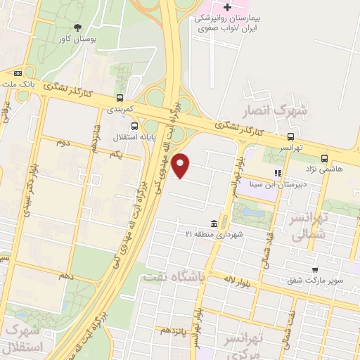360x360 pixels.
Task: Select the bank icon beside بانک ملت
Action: (x=18, y=72)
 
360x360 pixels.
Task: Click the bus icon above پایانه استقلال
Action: (x=134, y=126)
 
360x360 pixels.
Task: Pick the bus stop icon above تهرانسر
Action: (x=290, y=136)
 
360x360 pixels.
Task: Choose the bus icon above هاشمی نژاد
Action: (x=324, y=158)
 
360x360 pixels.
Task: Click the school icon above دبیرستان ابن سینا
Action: (x=278, y=172)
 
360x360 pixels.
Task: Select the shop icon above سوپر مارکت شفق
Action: (x=315, y=269)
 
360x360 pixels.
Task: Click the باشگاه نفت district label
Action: (x=172, y=277)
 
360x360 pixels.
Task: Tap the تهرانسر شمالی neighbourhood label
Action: (x=328, y=229)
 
